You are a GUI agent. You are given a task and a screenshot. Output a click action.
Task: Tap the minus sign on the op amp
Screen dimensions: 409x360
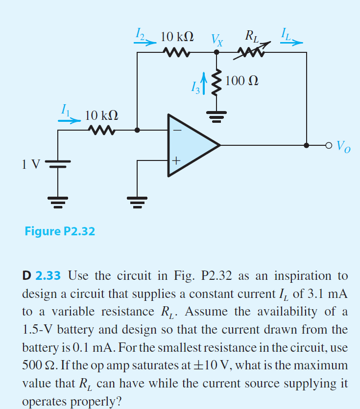tap(176, 131)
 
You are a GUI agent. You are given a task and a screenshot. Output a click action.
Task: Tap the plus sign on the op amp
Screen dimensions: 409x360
tap(176, 160)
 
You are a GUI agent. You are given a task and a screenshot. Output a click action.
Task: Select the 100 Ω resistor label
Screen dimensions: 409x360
tap(242, 80)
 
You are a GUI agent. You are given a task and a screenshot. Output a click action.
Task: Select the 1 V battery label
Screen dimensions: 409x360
tap(29, 163)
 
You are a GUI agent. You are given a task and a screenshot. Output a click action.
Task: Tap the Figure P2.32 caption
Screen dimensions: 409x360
tap(60, 231)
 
